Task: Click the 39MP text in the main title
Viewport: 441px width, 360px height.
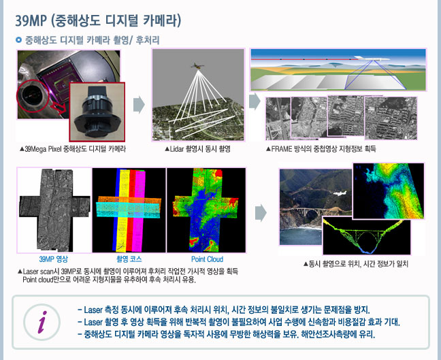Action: pyautogui.click(x=31, y=20)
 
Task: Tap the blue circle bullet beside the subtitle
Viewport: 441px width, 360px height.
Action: pyautogui.click(x=18, y=40)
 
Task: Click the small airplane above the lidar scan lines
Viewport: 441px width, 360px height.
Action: pyautogui.click(x=198, y=66)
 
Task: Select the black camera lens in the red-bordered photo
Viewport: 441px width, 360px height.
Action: pyautogui.click(x=97, y=113)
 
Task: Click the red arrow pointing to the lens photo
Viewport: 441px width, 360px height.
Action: pyautogui.click(x=60, y=108)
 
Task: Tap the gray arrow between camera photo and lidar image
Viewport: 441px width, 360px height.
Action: pyautogui.click(x=139, y=105)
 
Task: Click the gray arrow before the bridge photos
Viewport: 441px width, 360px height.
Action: pyautogui.click(x=261, y=213)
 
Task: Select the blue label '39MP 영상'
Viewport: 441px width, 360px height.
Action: pyautogui.click(x=54, y=259)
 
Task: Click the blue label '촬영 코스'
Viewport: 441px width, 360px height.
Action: pyautogui.click(x=129, y=259)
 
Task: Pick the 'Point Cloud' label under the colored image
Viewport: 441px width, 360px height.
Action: pyautogui.click(x=207, y=259)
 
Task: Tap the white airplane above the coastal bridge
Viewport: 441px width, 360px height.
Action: pyautogui.click(x=339, y=193)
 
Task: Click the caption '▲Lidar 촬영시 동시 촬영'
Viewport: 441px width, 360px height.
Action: pyautogui.click(x=197, y=149)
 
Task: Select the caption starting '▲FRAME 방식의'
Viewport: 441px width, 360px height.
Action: pyautogui.click(x=321, y=149)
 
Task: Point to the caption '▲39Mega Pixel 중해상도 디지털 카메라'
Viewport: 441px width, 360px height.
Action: pyautogui.click(x=73, y=149)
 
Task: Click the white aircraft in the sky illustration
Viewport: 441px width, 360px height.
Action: pyautogui.click(x=372, y=59)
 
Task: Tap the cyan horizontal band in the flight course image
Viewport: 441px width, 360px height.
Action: pyautogui.click(x=129, y=210)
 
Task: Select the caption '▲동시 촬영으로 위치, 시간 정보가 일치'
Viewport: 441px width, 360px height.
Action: pyautogui.click(x=356, y=264)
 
